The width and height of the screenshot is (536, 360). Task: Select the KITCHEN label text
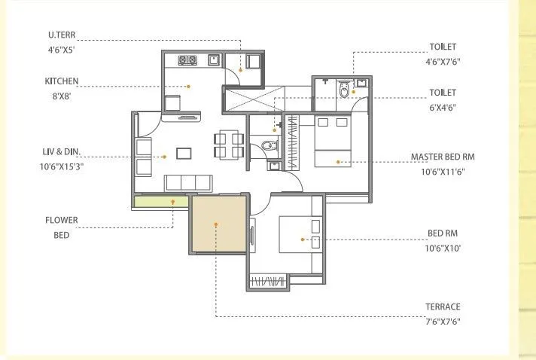tap(61, 81)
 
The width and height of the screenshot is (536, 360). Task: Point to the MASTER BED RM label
tap(443, 157)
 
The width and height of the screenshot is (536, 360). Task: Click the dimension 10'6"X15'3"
tap(62, 166)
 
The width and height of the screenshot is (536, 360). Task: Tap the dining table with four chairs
tap(228, 145)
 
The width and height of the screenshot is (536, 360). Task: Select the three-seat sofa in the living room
tap(188, 182)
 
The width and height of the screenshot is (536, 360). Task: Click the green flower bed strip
tap(161, 200)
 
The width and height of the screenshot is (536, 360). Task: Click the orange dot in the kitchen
tap(189, 86)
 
